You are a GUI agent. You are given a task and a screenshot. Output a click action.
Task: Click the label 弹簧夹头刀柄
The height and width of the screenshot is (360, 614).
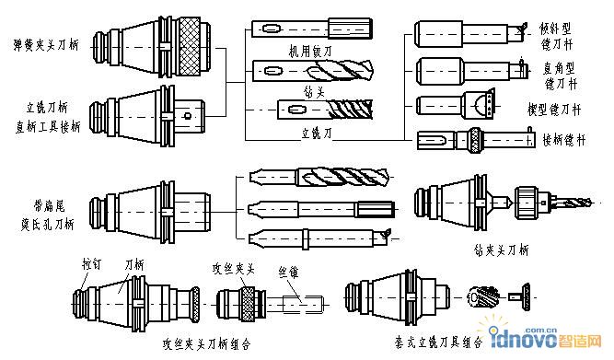pos(41,43)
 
